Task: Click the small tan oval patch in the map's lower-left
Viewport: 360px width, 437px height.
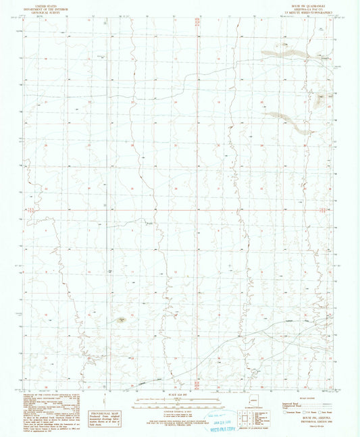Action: coord(121,319)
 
